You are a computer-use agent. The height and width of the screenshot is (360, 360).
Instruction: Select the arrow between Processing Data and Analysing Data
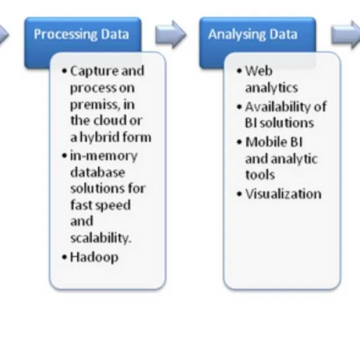pos(170,34)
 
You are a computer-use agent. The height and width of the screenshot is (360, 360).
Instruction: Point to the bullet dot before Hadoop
pos(64,257)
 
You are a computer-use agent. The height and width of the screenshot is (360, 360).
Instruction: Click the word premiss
pos(95,105)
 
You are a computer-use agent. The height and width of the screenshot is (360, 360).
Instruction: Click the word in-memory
pos(103,156)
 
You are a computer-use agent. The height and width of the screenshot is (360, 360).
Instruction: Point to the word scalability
pos(100,238)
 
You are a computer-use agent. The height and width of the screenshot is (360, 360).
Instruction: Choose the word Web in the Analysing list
pos(259,71)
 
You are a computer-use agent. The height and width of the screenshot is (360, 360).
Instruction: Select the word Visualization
pos(283,194)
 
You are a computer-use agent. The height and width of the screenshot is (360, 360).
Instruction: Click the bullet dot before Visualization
pos(239,194)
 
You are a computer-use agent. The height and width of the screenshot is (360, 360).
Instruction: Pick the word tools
pos(260,175)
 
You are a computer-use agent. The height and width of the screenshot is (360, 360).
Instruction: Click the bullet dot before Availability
pos(239,107)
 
